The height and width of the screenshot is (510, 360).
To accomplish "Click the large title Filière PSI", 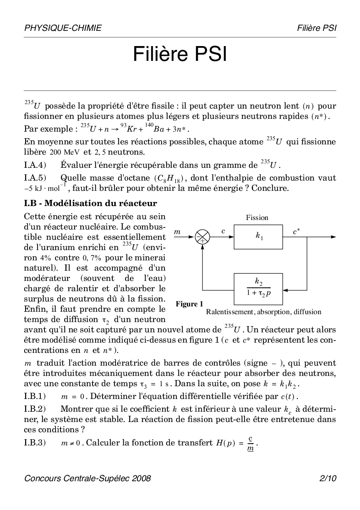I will [180, 55].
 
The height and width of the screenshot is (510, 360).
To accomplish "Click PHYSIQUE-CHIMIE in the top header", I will [63, 28].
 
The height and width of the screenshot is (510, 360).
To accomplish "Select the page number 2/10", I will [327, 478].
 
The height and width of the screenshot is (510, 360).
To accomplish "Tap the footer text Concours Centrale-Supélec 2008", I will [88, 478].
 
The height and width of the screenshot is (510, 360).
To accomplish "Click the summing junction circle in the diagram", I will [202, 237].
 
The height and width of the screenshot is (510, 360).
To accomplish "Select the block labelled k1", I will [258, 237].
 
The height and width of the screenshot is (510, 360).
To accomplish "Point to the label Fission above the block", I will [257, 218].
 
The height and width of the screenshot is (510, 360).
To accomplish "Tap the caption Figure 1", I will [189, 304].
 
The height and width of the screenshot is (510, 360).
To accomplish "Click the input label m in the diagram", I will [177, 232].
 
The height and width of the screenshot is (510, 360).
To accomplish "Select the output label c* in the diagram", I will [296, 232].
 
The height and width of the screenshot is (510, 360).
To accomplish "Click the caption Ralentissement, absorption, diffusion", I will [263, 312].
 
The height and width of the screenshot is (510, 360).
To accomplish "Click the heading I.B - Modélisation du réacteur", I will [90, 203].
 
